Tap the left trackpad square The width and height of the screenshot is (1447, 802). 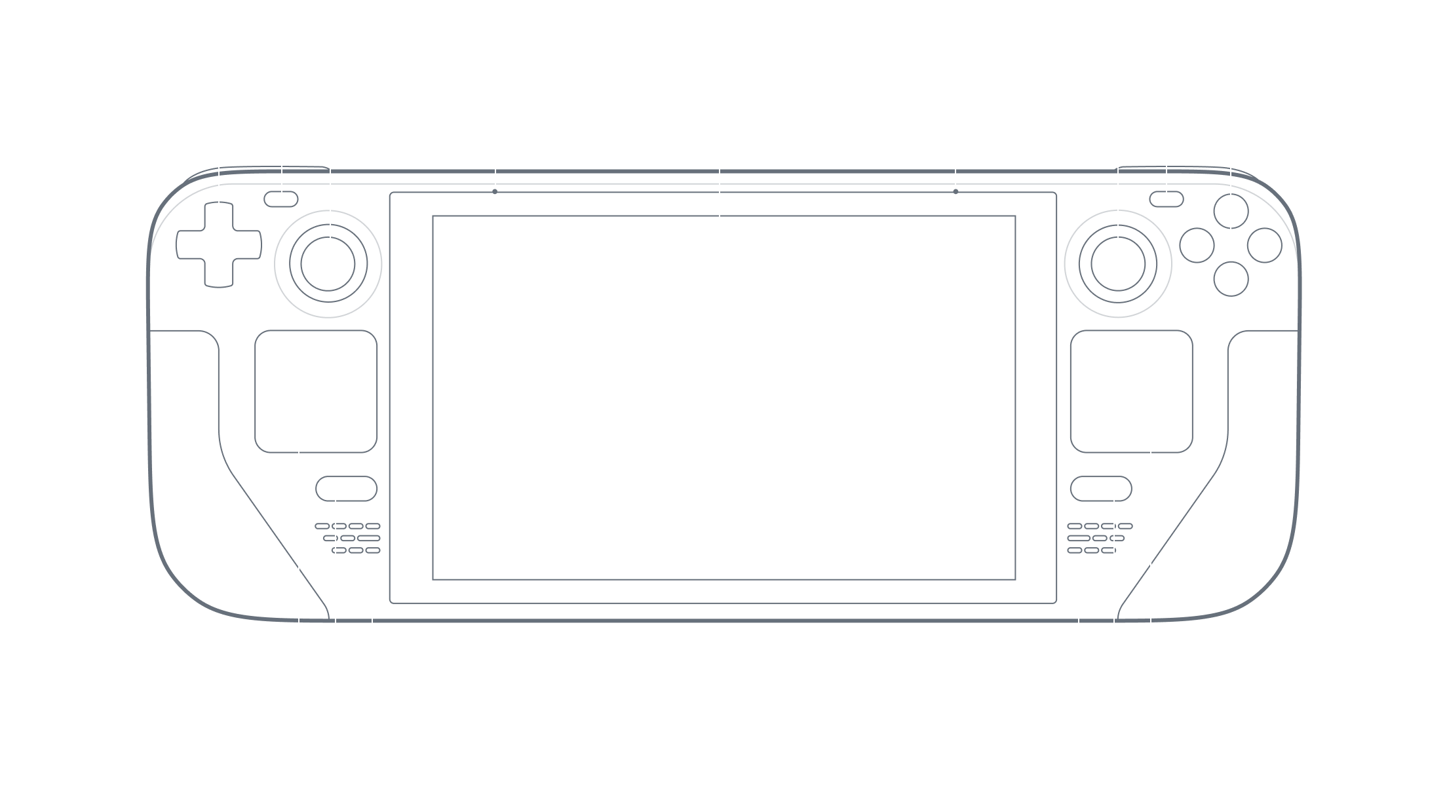tap(316, 391)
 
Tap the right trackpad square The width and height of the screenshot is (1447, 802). tap(1131, 391)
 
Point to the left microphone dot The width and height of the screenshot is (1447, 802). tap(495, 192)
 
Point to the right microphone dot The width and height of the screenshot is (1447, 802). tap(955, 192)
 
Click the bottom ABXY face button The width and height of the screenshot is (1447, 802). tap(1231, 278)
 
